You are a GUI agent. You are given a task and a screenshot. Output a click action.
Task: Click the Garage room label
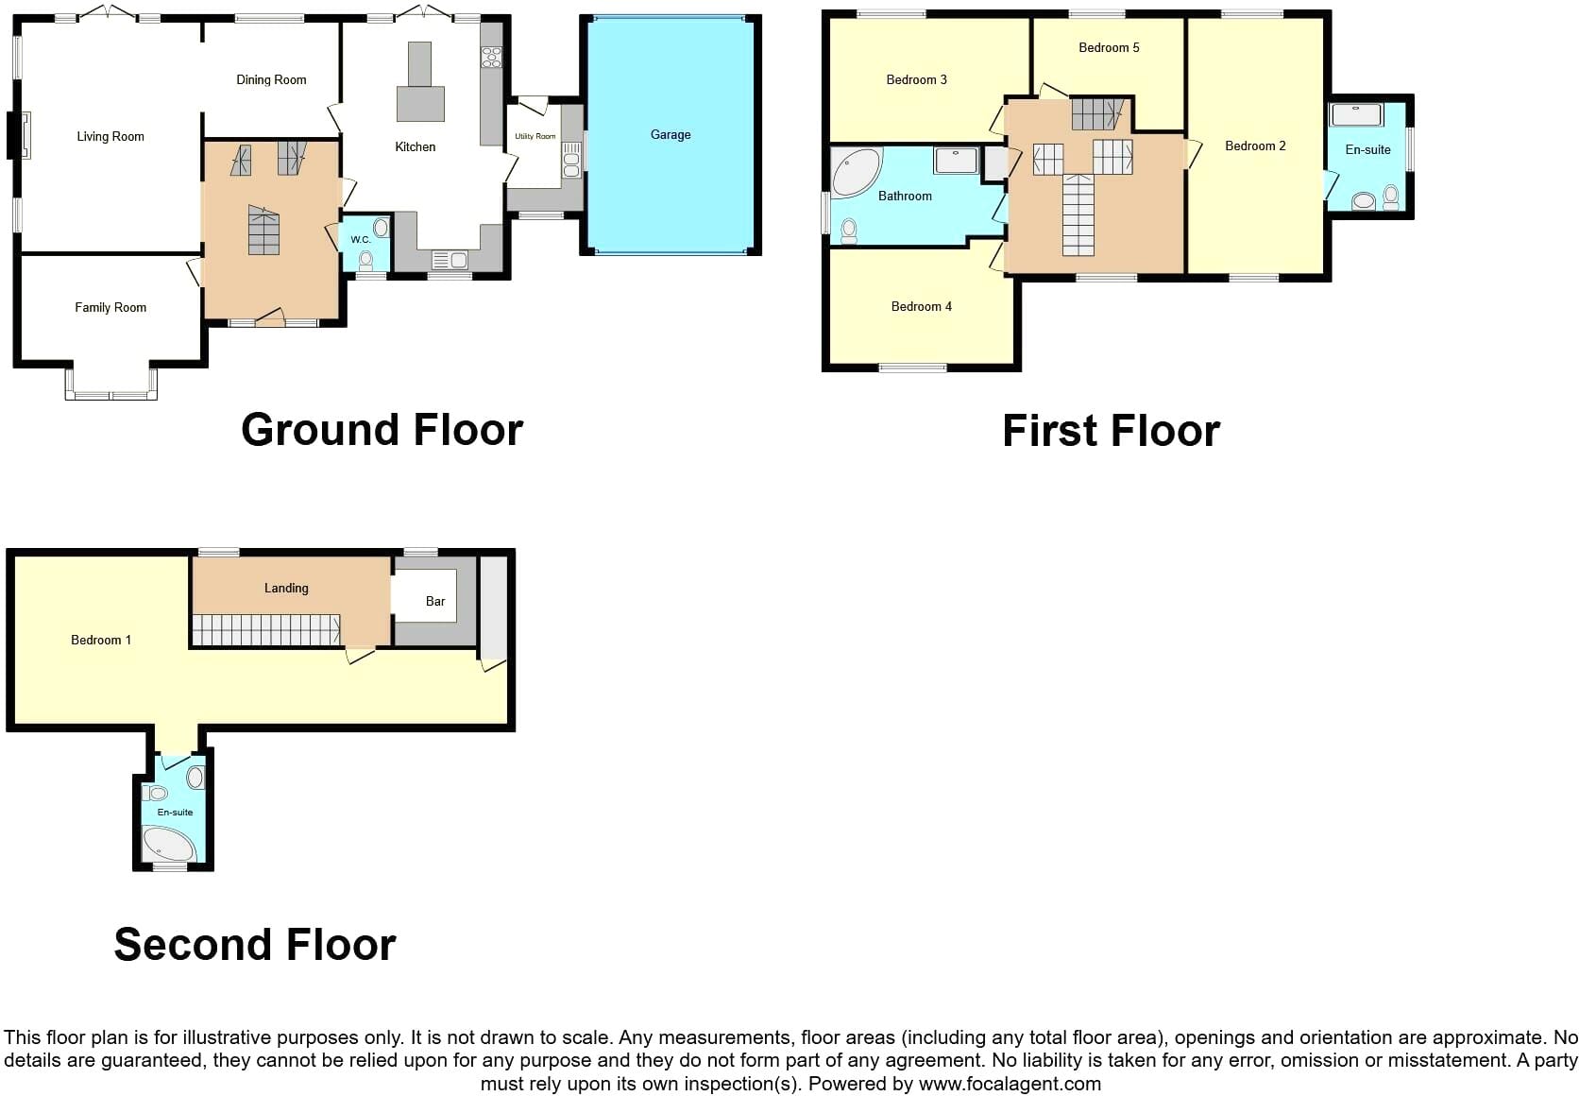pyautogui.click(x=671, y=135)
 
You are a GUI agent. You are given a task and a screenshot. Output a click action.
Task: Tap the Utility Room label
pyautogui.click(x=535, y=136)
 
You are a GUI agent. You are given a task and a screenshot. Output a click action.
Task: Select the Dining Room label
pyautogui.click(x=271, y=79)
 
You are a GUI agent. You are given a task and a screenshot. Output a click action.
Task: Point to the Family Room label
pyautogui.click(x=110, y=307)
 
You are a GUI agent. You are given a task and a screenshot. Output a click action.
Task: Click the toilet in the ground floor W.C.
pyautogui.click(x=365, y=261)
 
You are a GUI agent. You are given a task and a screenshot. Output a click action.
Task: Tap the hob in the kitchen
pyautogui.click(x=491, y=57)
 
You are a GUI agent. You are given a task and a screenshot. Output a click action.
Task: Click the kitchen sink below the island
pyautogui.click(x=449, y=260)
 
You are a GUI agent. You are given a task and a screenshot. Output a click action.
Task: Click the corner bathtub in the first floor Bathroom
pyautogui.click(x=857, y=171)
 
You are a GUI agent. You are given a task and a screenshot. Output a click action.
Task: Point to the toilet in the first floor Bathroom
pyautogui.click(x=849, y=231)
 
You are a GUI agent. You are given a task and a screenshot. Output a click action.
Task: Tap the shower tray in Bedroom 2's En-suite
pyautogui.click(x=1356, y=114)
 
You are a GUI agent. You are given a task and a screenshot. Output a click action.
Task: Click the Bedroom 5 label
pyautogui.click(x=1109, y=48)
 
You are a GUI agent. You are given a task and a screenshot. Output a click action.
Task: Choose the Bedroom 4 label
pyautogui.click(x=922, y=306)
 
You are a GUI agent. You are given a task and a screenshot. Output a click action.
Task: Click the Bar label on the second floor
pyautogui.click(x=435, y=601)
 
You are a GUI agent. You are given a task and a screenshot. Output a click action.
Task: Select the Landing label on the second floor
pyautogui.click(x=286, y=589)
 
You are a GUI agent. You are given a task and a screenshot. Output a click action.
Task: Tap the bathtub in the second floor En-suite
pyautogui.click(x=168, y=844)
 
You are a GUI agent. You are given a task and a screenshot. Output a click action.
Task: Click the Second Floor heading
pyautogui.click(x=255, y=945)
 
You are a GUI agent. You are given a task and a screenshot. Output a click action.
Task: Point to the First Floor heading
pyautogui.click(x=1111, y=431)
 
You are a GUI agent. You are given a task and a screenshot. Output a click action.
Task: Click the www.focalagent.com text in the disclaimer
pyautogui.click(x=1010, y=1084)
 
